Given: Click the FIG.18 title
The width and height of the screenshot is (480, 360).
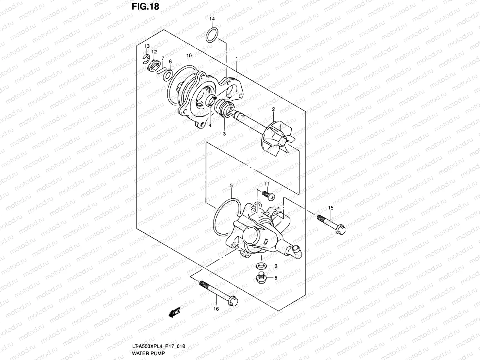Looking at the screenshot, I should [x=145, y=7].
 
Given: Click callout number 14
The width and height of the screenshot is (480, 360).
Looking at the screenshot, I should [x=212, y=19].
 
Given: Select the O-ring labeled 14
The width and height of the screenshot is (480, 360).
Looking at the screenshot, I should [x=212, y=35].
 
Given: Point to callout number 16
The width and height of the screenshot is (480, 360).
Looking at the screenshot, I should [x=216, y=309].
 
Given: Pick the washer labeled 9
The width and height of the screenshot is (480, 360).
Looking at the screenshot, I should [x=261, y=265].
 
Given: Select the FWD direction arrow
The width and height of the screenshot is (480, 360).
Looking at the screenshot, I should [x=174, y=313].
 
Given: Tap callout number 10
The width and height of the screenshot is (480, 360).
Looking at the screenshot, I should [x=189, y=55].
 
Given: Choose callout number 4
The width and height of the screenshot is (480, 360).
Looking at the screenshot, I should [x=210, y=125].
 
